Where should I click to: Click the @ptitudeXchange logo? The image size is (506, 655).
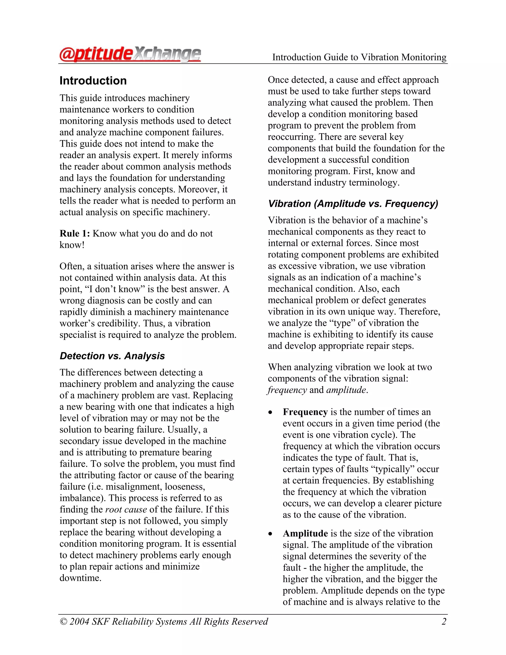130,55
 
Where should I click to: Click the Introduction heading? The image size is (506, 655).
93,81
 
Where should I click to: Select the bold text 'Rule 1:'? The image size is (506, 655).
75,234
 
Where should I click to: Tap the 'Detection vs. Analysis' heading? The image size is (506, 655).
112,356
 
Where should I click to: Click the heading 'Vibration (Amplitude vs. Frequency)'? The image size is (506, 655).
353,204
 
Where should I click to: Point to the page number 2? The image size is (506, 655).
444,621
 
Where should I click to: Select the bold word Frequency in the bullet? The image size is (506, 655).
305,412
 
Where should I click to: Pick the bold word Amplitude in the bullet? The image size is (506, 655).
305,534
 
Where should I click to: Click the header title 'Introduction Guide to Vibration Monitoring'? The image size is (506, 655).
359,57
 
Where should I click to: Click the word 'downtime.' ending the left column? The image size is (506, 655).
80,578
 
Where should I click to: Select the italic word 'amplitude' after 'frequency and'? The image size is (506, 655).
346,390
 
